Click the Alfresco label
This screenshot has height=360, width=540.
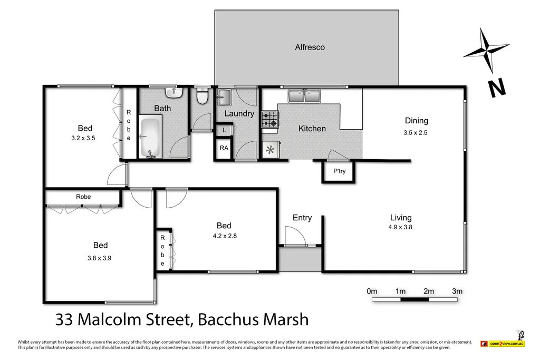click(x=310, y=47)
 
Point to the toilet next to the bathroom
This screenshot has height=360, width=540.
click(x=201, y=97)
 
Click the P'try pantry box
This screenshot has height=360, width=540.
click(x=338, y=172)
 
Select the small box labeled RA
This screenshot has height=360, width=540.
click(x=224, y=148)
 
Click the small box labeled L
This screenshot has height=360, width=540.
click(x=224, y=130)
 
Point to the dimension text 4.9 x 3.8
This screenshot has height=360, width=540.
click(x=400, y=227)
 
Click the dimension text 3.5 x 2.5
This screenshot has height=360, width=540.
click(x=415, y=133)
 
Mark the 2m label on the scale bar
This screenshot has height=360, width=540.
click(x=428, y=291)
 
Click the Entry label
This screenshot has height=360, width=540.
click(x=302, y=218)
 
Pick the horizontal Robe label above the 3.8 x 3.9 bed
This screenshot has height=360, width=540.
click(x=83, y=197)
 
